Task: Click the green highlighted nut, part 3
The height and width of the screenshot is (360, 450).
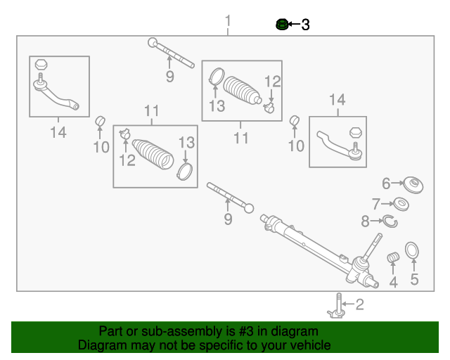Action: point(281,25)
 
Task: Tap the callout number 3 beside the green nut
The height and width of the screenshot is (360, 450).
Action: point(305,25)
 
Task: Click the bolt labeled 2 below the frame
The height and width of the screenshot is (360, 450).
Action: point(338,306)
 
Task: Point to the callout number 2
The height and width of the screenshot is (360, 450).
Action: point(360,304)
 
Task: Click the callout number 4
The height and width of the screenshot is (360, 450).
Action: point(394,283)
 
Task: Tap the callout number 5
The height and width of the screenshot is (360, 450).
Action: point(414,281)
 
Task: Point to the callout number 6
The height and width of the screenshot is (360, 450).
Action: point(386,184)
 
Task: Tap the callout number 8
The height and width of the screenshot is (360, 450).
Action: point(365,222)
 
